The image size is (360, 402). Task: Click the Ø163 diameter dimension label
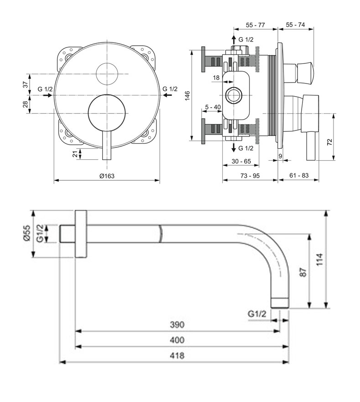click(x=107, y=176)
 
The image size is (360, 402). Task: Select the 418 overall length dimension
click(x=177, y=355)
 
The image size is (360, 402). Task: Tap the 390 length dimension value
click(x=177, y=324)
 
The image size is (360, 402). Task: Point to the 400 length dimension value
click(x=177, y=340)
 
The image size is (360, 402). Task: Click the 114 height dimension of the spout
click(x=319, y=259)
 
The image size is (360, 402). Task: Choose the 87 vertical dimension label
click(x=303, y=272)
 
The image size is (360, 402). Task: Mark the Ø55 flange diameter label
click(x=26, y=233)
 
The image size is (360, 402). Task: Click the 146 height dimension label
click(x=188, y=96)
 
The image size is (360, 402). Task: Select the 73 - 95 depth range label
click(x=250, y=176)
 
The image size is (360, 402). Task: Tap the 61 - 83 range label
click(x=299, y=176)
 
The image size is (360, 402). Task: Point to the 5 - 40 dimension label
click(x=213, y=107)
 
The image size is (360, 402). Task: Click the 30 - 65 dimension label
click(x=241, y=161)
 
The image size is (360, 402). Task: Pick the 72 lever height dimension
click(x=329, y=142)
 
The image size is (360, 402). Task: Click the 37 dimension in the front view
click(x=26, y=84)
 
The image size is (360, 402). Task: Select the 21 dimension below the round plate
click(x=75, y=154)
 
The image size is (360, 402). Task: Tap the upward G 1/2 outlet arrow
click(x=234, y=40)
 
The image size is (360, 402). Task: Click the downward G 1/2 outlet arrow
click(x=234, y=147)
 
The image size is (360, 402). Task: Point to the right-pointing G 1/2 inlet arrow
click(x=47, y=95)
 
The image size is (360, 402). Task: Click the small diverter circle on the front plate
click(x=107, y=74)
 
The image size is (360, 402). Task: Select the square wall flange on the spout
click(x=81, y=234)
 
